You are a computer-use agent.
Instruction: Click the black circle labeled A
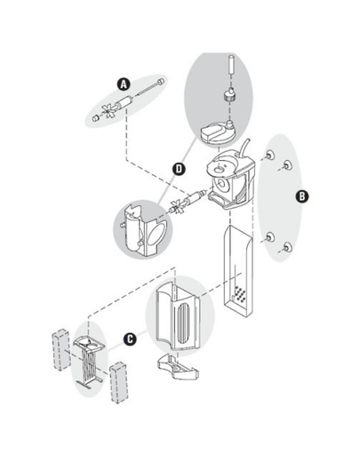124,84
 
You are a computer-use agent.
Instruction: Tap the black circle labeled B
302,196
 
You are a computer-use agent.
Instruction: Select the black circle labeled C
130,339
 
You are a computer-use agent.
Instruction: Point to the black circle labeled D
179,169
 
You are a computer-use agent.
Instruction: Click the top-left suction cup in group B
269,155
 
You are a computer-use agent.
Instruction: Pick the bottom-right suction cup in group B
287,246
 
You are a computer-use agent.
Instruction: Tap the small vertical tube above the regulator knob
232,65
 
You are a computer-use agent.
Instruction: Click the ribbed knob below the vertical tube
229,94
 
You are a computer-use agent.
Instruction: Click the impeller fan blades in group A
108,111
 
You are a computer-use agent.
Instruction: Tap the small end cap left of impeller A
95,118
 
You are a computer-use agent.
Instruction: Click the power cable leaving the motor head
244,148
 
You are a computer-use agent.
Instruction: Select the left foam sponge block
61,349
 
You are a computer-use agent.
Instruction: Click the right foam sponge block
119,382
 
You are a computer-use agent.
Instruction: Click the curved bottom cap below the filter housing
178,367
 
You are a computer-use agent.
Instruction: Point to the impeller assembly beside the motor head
187,202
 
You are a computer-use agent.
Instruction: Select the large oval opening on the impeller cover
156,234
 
